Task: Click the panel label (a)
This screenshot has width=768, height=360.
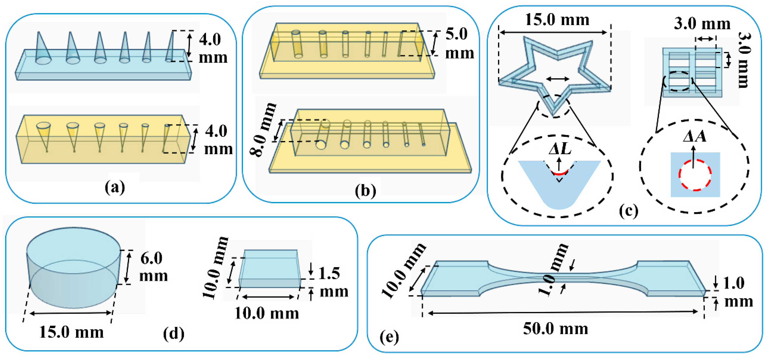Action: coord(115,188)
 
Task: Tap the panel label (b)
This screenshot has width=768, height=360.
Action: coord(365,191)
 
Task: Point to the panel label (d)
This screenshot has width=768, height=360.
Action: coord(174,334)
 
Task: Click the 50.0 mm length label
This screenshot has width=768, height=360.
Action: coord(556,329)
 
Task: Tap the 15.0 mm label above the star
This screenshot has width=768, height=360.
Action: coord(557,20)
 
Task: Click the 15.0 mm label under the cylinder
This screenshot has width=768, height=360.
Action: coord(71,332)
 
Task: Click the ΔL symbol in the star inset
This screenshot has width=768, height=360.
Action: coord(560,148)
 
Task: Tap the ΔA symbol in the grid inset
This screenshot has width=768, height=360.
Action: coord(695,137)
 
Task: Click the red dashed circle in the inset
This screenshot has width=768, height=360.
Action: coord(695,175)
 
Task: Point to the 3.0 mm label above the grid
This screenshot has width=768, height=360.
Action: coord(702,24)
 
